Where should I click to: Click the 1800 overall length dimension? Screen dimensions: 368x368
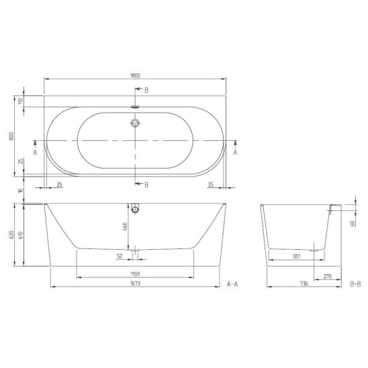point(135,76)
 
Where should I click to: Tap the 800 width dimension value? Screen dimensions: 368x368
point(11,136)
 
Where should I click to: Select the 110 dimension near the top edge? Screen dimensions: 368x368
point(21,101)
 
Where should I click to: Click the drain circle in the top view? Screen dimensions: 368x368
point(135,123)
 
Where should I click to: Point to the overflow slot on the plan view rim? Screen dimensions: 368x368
point(135,107)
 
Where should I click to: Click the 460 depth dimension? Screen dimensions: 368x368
point(125,226)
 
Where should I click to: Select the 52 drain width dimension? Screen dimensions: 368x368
point(120,256)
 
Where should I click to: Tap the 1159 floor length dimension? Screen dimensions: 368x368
point(135,274)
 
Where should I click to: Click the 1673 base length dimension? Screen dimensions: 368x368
point(135,283)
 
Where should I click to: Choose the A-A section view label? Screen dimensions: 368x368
point(232,284)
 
